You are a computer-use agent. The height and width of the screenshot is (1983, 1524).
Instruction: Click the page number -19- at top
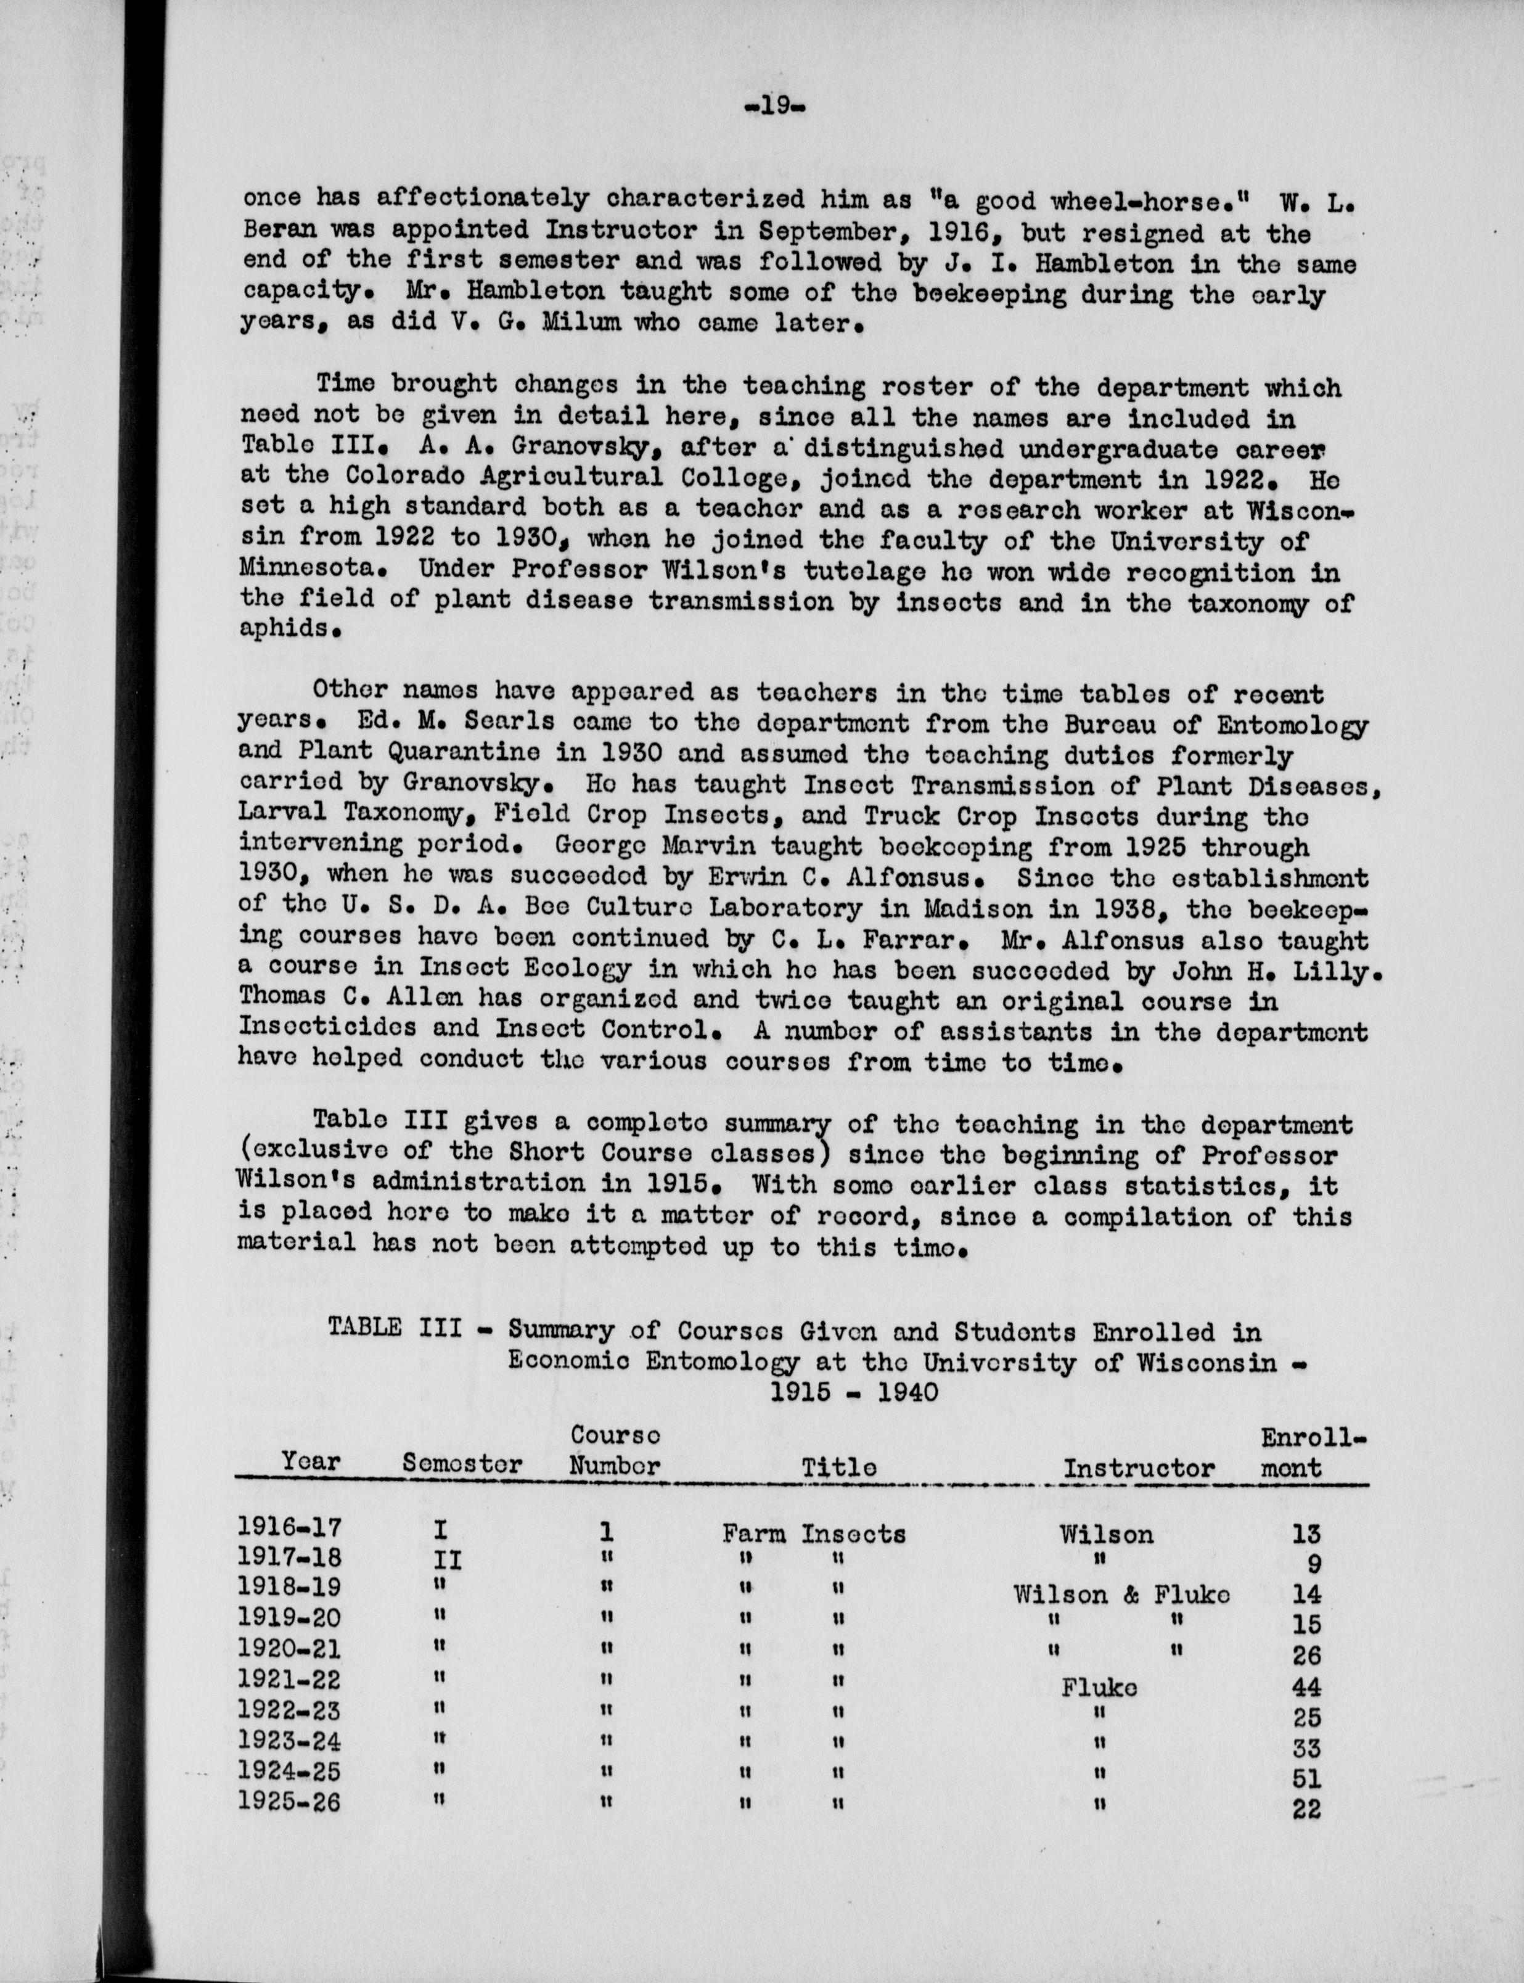click(x=774, y=106)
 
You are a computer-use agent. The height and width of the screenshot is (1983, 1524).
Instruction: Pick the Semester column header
click(x=462, y=1463)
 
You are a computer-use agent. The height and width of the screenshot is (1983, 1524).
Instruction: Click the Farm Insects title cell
click(x=814, y=1534)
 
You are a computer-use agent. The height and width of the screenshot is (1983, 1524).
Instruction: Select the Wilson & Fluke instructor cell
click(x=1121, y=1594)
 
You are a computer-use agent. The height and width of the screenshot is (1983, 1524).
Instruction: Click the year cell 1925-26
click(x=289, y=1800)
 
